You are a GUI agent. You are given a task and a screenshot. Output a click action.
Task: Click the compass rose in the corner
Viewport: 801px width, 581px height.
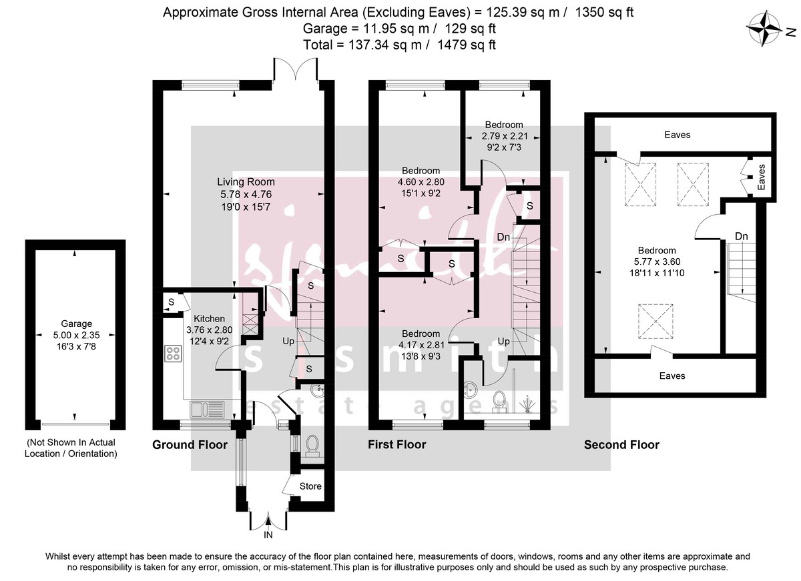[x=766, y=29]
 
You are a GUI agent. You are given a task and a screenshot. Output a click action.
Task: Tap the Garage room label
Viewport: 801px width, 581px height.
[x=74, y=324]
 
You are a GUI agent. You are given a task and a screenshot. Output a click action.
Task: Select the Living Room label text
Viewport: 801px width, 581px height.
[x=246, y=181]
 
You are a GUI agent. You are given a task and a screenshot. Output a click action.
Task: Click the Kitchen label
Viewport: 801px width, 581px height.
[x=209, y=319]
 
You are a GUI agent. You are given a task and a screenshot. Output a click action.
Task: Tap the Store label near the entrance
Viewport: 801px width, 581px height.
[x=310, y=486]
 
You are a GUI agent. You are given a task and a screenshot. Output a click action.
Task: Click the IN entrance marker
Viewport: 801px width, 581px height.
[x=268, y=534]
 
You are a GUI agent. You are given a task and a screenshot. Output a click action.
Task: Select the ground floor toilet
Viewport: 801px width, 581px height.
[x=312, y=445]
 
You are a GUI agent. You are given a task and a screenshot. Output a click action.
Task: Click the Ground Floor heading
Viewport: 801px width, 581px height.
[x=190, y=445]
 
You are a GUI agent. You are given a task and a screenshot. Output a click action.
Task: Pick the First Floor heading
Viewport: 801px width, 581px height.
[x=396, y=445]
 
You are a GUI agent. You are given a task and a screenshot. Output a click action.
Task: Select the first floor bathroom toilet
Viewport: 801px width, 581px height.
[x=497, y=399]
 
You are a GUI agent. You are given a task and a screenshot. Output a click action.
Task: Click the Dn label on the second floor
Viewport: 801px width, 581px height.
[x=741, y=236]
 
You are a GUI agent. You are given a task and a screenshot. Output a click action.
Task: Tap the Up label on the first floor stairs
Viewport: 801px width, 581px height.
[x=505, y=341]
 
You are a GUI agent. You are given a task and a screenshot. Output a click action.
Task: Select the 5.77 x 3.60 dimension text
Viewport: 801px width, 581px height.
[x=659, y=261]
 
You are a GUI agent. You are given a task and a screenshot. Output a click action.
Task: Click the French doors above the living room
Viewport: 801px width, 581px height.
[x=296, y=69]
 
